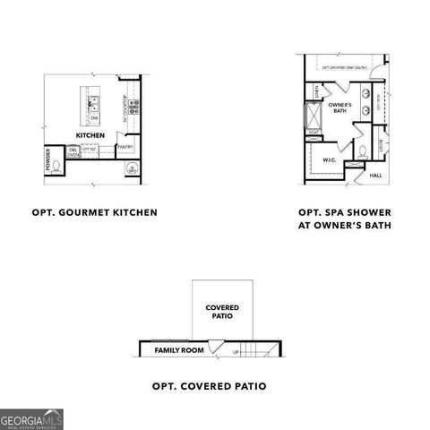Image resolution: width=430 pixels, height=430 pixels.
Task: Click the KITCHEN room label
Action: [x=90, y=135]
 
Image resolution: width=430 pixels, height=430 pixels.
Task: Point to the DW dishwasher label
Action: [x=93, y=116]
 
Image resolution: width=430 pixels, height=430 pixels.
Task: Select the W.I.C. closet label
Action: [x=329, y=159]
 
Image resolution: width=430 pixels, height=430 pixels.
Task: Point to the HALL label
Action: [x=376, y=176]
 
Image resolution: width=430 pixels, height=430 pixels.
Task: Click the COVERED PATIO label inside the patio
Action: [x=221, y=312]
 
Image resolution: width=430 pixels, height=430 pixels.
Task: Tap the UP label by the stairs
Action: [x=236, y=352]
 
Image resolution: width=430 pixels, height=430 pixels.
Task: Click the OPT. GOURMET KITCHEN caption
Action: [x=94, y=213]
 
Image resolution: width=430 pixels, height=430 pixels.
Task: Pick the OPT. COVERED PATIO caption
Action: [x=209, y=386]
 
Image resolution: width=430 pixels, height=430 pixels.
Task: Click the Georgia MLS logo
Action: [x=32, y=419]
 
